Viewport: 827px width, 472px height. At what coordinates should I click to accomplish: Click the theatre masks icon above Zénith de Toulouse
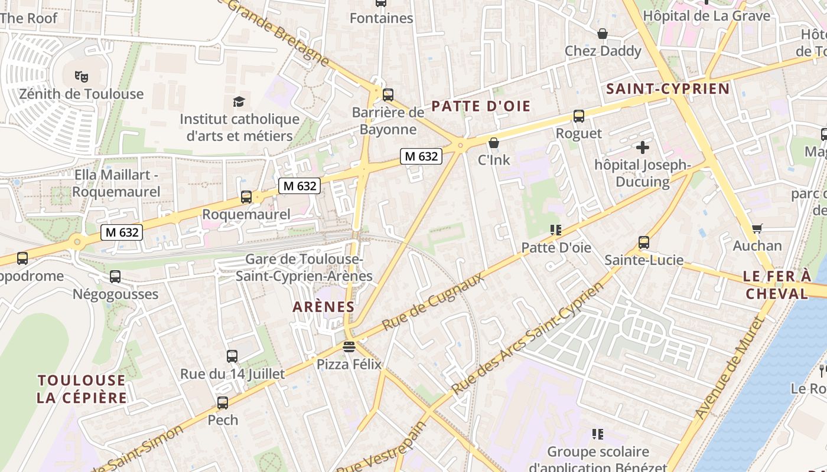point(82,76)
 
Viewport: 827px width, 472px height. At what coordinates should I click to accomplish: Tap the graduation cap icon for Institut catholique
point(239,101)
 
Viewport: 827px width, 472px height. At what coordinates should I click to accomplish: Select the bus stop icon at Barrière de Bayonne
point(388,94)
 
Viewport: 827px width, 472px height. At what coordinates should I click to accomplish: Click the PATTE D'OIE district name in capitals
point(481,107)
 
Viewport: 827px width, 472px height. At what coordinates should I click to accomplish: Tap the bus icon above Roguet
point(579,116)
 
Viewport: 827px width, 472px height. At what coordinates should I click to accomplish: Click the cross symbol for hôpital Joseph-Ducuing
point(643,147)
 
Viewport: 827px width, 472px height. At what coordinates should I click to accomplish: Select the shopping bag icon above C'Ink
point(494,143)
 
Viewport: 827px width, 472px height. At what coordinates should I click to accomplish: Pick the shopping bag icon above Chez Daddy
point(603,34)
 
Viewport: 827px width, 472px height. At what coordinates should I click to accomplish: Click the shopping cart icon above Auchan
point(757,228)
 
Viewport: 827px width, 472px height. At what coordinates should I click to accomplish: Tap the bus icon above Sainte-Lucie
point(644,242)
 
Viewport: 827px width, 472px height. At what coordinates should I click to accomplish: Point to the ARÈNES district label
point(324,307)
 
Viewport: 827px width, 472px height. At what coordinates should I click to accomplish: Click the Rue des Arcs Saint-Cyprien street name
point(528,337)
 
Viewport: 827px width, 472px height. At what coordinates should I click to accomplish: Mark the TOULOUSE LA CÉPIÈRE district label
point(82,389)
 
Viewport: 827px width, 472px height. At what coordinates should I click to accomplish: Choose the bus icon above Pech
point(223,403)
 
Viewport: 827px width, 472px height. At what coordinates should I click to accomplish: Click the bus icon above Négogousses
point(115,277)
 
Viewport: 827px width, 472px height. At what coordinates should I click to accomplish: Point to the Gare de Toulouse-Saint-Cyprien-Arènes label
point(304,267)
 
